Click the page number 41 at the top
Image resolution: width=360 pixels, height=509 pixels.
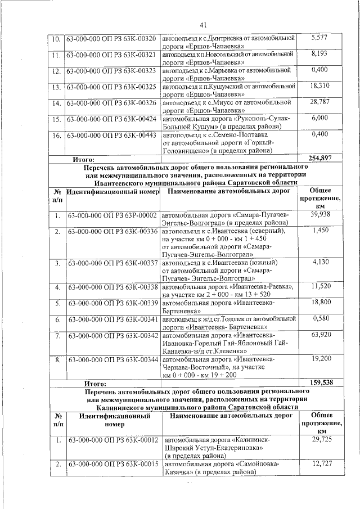coord(203,24)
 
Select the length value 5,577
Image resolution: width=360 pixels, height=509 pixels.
coord(319,38)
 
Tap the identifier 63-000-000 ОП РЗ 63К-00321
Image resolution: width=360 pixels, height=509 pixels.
coord(111,55)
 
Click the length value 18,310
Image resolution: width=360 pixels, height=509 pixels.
coord(319,86)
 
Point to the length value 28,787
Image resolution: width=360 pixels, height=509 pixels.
coord(319,102)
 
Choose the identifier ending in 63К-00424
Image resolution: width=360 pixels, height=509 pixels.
coord(111,119)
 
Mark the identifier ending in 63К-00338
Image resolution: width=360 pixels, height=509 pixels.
coord(111,287)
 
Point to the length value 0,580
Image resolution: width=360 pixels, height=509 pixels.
coord(319,319)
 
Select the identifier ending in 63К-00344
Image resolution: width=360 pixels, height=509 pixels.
coord(111,359)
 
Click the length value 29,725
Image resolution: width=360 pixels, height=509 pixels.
coord(320,439)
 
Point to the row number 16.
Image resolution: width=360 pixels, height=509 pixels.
coord(57,136)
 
